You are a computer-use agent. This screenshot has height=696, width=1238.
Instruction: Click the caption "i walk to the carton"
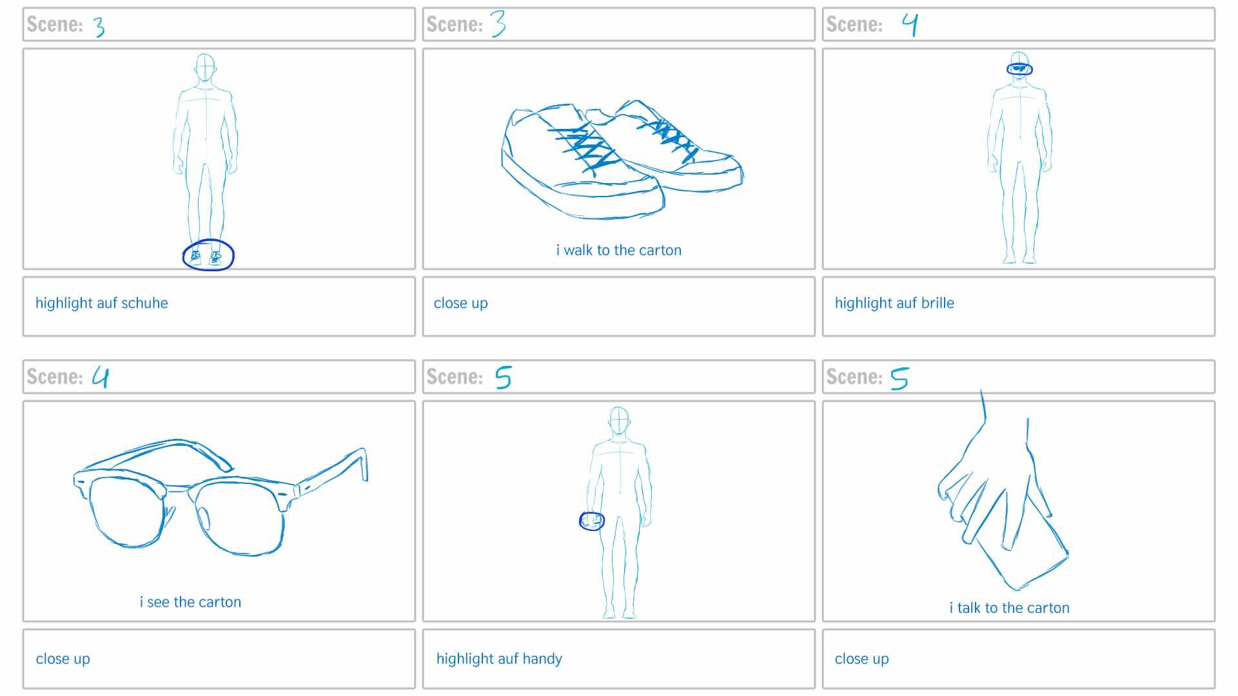click(618, 250)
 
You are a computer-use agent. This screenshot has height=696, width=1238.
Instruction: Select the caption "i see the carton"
click(190, 602)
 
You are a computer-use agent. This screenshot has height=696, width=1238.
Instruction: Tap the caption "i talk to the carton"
click(1009, 608)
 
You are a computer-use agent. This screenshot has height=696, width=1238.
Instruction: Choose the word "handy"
click(542, 659)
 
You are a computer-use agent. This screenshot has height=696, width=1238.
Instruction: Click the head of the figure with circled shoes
click(204, 68)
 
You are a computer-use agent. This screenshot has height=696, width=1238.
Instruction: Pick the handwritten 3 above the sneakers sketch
click(498, 24)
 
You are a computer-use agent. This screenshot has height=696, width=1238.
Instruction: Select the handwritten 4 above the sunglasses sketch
click(101, 376)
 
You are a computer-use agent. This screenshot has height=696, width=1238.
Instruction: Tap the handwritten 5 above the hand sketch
click(899, 378)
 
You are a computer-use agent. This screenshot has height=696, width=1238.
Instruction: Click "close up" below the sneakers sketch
click(460, 304)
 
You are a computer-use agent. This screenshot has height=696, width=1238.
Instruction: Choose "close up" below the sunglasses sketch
click(63, 659)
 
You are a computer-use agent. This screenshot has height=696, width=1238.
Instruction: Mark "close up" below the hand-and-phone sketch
click(861, 659)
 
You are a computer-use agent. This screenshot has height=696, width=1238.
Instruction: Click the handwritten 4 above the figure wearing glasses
click(910, 24)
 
